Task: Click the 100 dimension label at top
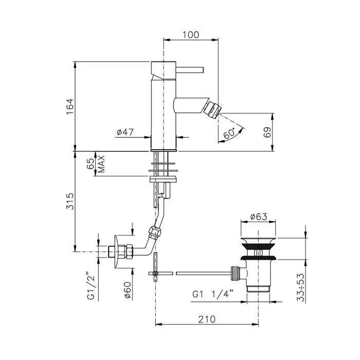(191, 35)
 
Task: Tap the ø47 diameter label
(125, 132)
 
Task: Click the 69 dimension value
(267, 132)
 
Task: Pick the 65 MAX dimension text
(96, 164)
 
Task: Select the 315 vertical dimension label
(70, 201)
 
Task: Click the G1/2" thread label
(91, 285)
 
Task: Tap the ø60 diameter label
(127, 291)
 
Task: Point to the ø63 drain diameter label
(259, 217)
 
